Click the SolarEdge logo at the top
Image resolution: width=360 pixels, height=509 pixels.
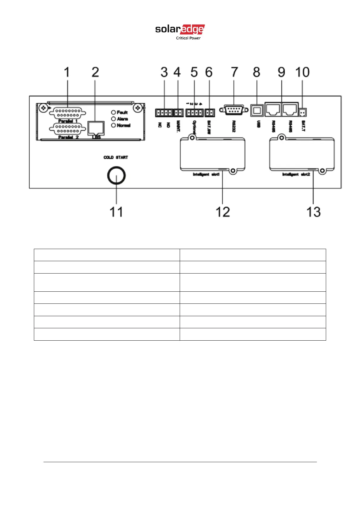(180, 30)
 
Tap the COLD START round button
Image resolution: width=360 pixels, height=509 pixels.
(116, 176)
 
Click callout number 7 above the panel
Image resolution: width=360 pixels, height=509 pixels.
(234, 72)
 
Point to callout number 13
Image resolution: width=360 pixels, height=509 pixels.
(313, 212)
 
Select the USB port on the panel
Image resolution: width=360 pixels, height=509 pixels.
(257, 110)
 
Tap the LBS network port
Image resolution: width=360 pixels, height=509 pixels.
(96, 128)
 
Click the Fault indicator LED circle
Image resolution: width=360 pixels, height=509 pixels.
(113, 112)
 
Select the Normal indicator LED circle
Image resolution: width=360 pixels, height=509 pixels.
(113, 125)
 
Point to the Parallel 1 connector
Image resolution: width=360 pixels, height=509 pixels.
(67, 113)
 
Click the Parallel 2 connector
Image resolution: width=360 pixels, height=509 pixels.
(67, 129)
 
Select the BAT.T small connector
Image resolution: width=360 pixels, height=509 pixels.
(302, 112)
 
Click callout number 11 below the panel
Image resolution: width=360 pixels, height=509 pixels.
(116, 212)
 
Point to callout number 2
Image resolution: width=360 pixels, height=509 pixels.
(95, 72)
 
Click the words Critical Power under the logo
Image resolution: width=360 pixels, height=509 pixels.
(188, 38)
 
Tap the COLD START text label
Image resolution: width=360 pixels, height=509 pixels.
(116, 157)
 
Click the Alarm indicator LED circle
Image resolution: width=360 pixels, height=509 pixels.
(113, 119)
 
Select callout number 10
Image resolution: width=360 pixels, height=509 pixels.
(302, 72)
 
